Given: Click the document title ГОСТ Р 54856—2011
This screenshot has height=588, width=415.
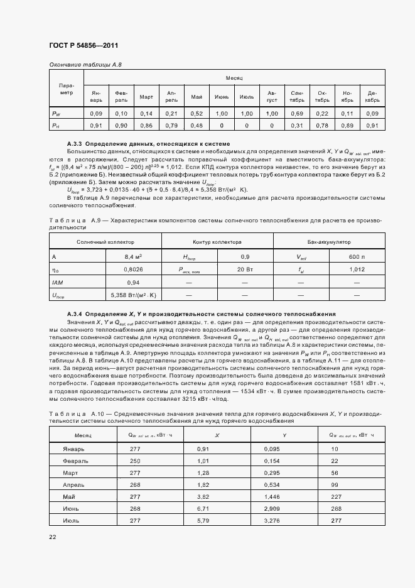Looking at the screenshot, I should pos(83,46).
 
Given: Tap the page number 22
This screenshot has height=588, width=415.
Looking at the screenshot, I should pos(53,536).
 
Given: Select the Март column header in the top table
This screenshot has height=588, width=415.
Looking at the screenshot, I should pos(146,97).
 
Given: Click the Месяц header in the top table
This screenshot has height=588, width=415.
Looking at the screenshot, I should pos(234,77).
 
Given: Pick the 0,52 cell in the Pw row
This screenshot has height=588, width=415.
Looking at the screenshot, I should pos(197,114).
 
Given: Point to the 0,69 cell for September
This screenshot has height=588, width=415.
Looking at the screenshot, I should pos(297,114).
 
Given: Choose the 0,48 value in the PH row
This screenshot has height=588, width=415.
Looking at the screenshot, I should pos(197,126).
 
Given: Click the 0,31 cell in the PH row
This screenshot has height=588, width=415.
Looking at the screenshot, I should pos(297,126).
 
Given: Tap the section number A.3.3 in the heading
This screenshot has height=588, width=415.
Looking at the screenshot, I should pos(73,144).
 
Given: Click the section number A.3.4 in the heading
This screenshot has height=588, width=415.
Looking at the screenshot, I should pos(73,313).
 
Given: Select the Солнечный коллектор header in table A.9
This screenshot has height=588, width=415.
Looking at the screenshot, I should pos(105,242).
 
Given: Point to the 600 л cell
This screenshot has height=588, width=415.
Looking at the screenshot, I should pos(356,257).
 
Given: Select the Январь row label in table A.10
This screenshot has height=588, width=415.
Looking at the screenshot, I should pos(73,449).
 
